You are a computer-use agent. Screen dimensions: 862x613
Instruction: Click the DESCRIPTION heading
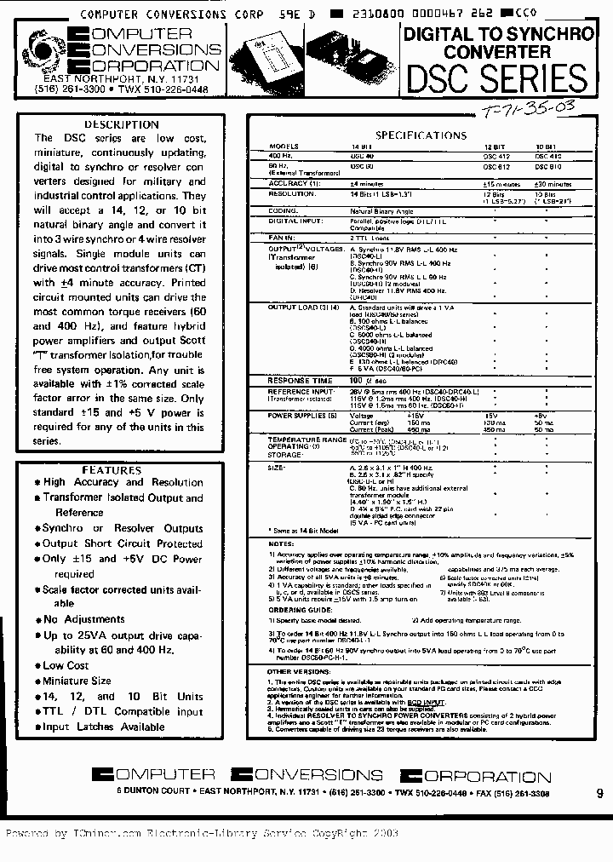pos(122,124)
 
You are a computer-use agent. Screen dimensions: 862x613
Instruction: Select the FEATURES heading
pos(117,470)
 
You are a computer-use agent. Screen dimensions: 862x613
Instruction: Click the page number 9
pos(599,794)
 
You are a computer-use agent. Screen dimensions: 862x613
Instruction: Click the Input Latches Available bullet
pos(103,727)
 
